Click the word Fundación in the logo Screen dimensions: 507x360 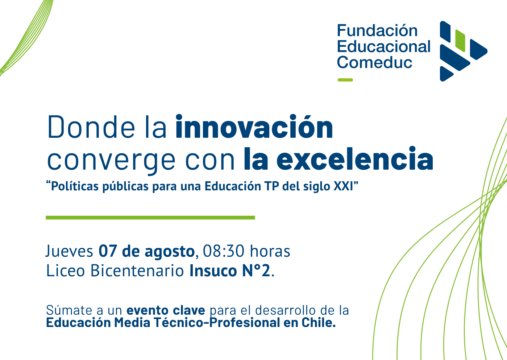(377, 30)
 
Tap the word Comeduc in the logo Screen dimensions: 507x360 (375, 62)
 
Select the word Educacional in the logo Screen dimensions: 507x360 (384, 46)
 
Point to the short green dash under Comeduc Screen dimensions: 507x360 (345, 80)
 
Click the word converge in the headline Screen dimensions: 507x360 (111, 161)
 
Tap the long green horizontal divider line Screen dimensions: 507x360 (150, 218)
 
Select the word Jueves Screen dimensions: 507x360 (69, 251)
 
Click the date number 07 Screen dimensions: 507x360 (108, 251)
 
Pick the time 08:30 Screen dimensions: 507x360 (223, 251)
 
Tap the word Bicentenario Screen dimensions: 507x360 (137, 270)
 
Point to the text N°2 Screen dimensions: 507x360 (256, 270)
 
